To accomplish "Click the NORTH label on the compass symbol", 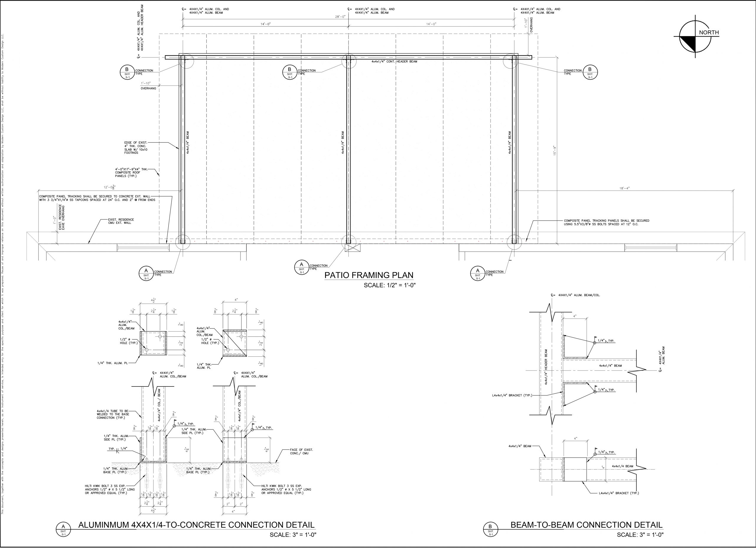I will [x=709, y=33].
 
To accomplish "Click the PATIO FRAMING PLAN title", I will [x=369, y=275].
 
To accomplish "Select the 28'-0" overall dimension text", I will [x=340, y=17].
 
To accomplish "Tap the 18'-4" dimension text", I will [x=624, y=188].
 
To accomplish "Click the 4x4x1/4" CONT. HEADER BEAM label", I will [x=394, y=62].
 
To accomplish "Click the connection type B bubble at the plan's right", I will [x=590, y=72].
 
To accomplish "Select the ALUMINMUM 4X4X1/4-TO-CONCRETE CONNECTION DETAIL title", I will [x=196, y=525].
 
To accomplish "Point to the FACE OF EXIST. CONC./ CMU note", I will [x=301, y=452].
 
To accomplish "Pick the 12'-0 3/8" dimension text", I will [x=110, y=187].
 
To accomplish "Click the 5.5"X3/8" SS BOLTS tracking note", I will [x=606, y=222].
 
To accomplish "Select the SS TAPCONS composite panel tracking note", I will [x=97, y=198].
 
